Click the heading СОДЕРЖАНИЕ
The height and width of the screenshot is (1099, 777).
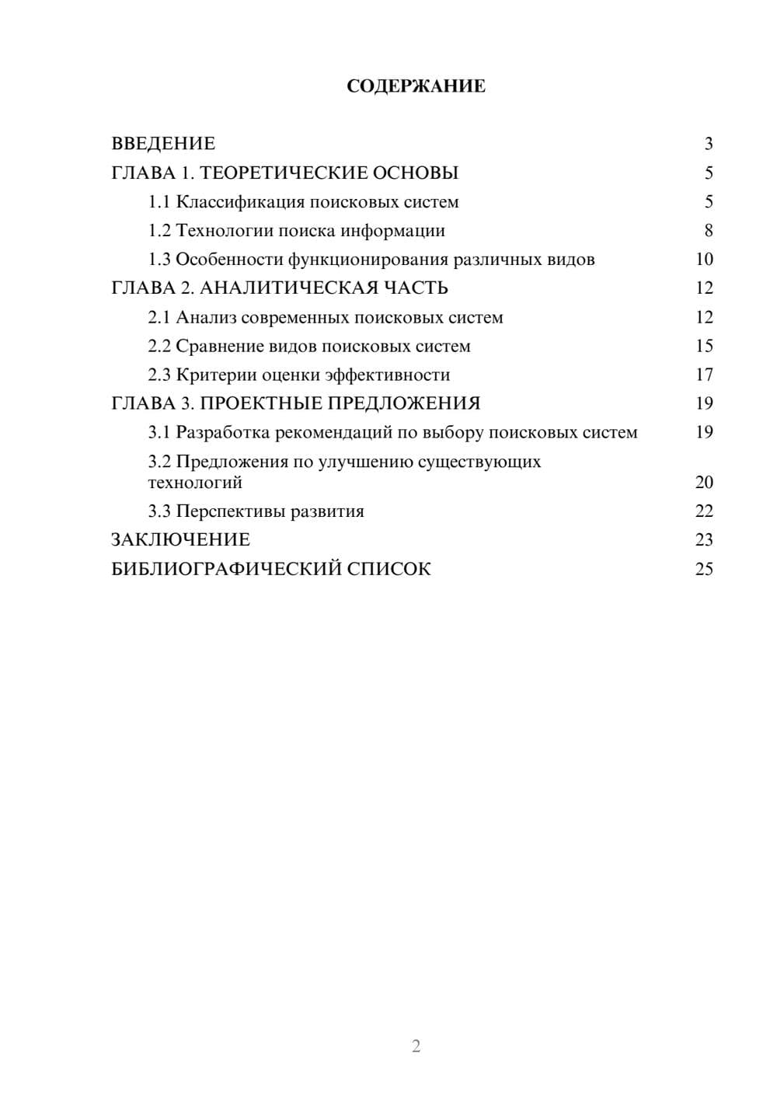(x=416, y=86)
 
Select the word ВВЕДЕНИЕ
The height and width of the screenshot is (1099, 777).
(x=163, y=144)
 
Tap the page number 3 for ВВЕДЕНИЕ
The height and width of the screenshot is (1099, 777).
(x=708, y=144)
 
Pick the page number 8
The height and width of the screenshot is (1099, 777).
(x=708, y=231)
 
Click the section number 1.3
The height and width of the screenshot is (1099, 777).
(x=159, y=260)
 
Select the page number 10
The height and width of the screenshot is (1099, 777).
(x=704, y=260)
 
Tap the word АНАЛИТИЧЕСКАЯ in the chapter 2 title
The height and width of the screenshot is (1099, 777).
(x=287, y=288)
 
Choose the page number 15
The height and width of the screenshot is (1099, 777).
(x=704, y=346)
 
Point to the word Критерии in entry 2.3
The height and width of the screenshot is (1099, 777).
(x=216, y=375)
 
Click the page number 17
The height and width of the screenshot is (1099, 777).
(x=704, y=375)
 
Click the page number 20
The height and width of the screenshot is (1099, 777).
(x=704, y=483)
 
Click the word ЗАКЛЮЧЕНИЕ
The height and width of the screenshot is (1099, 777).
(x=180, y=540)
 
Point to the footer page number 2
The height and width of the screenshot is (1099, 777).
(x=416, y=1046)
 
